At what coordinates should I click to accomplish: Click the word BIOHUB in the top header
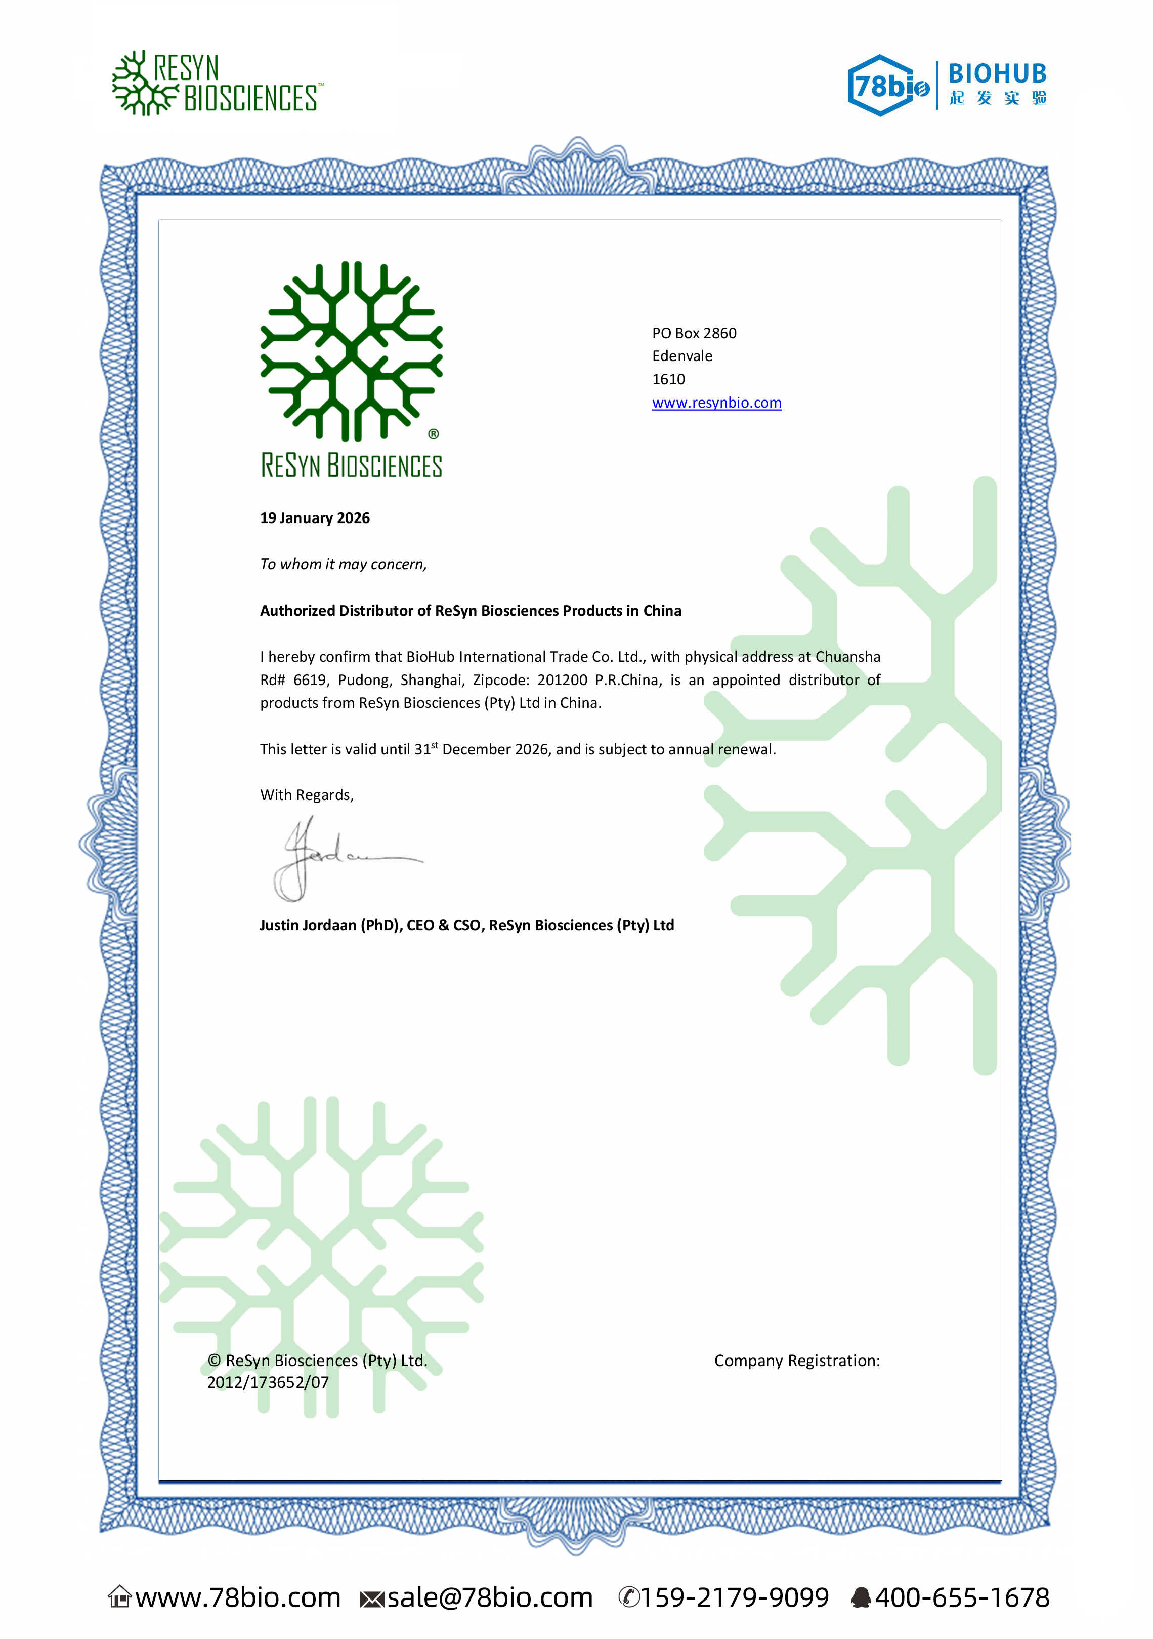click(x=997, y=73)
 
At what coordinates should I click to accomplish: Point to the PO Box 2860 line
click(x=694, y=333)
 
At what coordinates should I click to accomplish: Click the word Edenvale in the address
click(x=682, y=356)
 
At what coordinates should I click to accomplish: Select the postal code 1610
click(x=668, y=379)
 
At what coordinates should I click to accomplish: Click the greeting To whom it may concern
click(x=343, y=564)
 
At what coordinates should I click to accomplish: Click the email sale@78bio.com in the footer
click(x=489, y=1597)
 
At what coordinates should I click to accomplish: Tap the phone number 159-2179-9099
click(x=734, y=1597)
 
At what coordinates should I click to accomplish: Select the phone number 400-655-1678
click(x=962, y=1597)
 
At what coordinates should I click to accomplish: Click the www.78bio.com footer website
click(x=238, y=1597)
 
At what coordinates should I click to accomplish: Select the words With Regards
click(x=307, y=795)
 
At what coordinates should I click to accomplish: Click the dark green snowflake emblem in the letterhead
click(x=351, y=351)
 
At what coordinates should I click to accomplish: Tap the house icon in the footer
click(x=120, y=1597)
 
